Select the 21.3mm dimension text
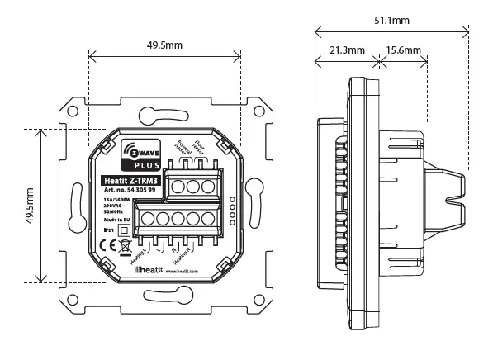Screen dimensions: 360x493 click(347, 51)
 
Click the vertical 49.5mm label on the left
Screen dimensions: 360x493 click(30, 206)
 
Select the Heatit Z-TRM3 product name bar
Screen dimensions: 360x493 click(131, 181)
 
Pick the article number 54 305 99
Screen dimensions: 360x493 click(131, 191)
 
